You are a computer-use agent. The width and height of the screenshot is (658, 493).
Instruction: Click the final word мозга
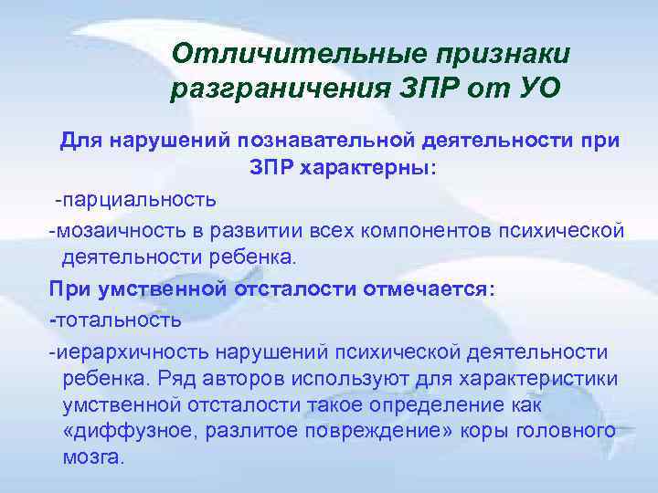91,457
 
